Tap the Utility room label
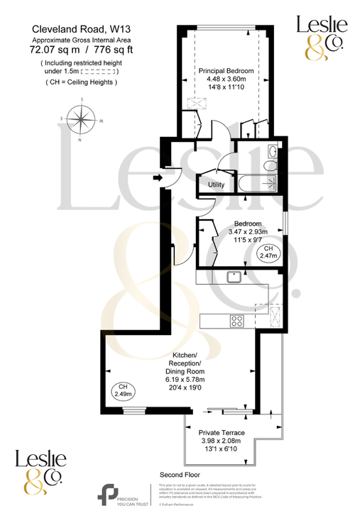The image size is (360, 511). click(216, 185)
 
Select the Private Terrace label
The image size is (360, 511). click(222, 432)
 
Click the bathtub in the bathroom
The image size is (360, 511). click(258, 183)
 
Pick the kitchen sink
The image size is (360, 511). click(233, 277)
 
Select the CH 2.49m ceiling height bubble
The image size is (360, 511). click(122, 389)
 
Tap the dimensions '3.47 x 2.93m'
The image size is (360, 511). click(228, 232)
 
